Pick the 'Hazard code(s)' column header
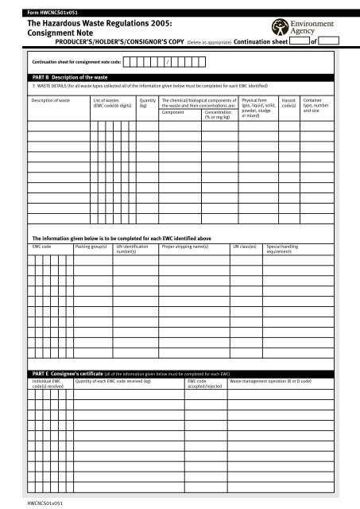(x=289, y=104)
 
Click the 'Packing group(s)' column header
(x=91, y=247)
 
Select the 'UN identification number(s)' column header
(x=133, y=250)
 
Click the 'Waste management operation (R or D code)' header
(x=270, y=382)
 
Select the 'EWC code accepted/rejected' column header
(x=203, y=384)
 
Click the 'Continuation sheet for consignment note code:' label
(x=76, y=60)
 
